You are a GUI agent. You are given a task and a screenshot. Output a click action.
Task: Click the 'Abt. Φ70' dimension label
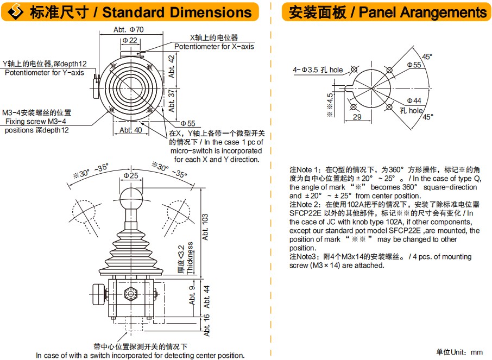pyautogui.click(x=129, y=30)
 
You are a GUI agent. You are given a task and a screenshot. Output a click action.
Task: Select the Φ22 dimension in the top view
pyautogui.click(x=129, y=41)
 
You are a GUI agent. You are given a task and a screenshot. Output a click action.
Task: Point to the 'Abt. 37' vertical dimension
pyautogui.click(x=172, y=100)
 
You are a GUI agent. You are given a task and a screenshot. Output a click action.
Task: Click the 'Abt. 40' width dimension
pyautogui.click(x=130, y=130)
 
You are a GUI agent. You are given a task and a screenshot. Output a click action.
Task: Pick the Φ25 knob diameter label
pyautogui.click(x=131, y=175)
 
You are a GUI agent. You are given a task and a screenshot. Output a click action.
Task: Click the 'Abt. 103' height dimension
pyautogui.click(x=205, y=227)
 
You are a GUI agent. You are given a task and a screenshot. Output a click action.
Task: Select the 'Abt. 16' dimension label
pyautogui.click(x=206, y=324)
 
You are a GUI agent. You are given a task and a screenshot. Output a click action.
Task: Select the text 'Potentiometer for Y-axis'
pyautogui.click(x=45, y=72)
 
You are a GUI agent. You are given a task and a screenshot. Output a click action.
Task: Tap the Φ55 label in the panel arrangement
pyautogui.click(x=414, y=65)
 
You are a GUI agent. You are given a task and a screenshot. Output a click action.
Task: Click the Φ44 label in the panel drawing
pyautogui.click(x=414, y=101)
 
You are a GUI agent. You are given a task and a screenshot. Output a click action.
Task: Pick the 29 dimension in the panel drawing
pyautogui.click(x=356, y=117)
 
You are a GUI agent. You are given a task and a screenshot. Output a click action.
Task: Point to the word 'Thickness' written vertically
pyautogui.click(x=190, y=258)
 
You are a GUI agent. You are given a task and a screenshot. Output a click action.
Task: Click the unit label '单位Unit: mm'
pyautogui.click(x=459, y=352)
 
